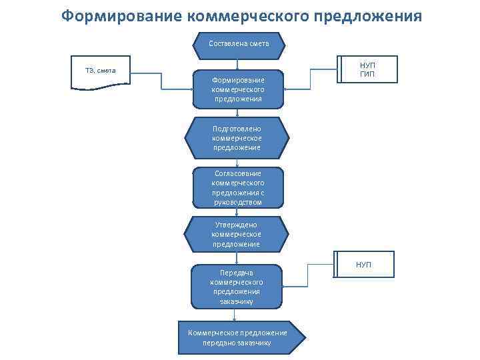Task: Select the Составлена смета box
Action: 239,44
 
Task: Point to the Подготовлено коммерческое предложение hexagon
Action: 237,137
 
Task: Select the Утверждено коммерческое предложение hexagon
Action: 237,235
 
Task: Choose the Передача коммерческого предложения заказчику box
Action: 237,287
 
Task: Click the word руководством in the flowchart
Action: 238,202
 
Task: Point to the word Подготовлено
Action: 237,128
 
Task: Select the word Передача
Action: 237,272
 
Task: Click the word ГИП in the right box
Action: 367,75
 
